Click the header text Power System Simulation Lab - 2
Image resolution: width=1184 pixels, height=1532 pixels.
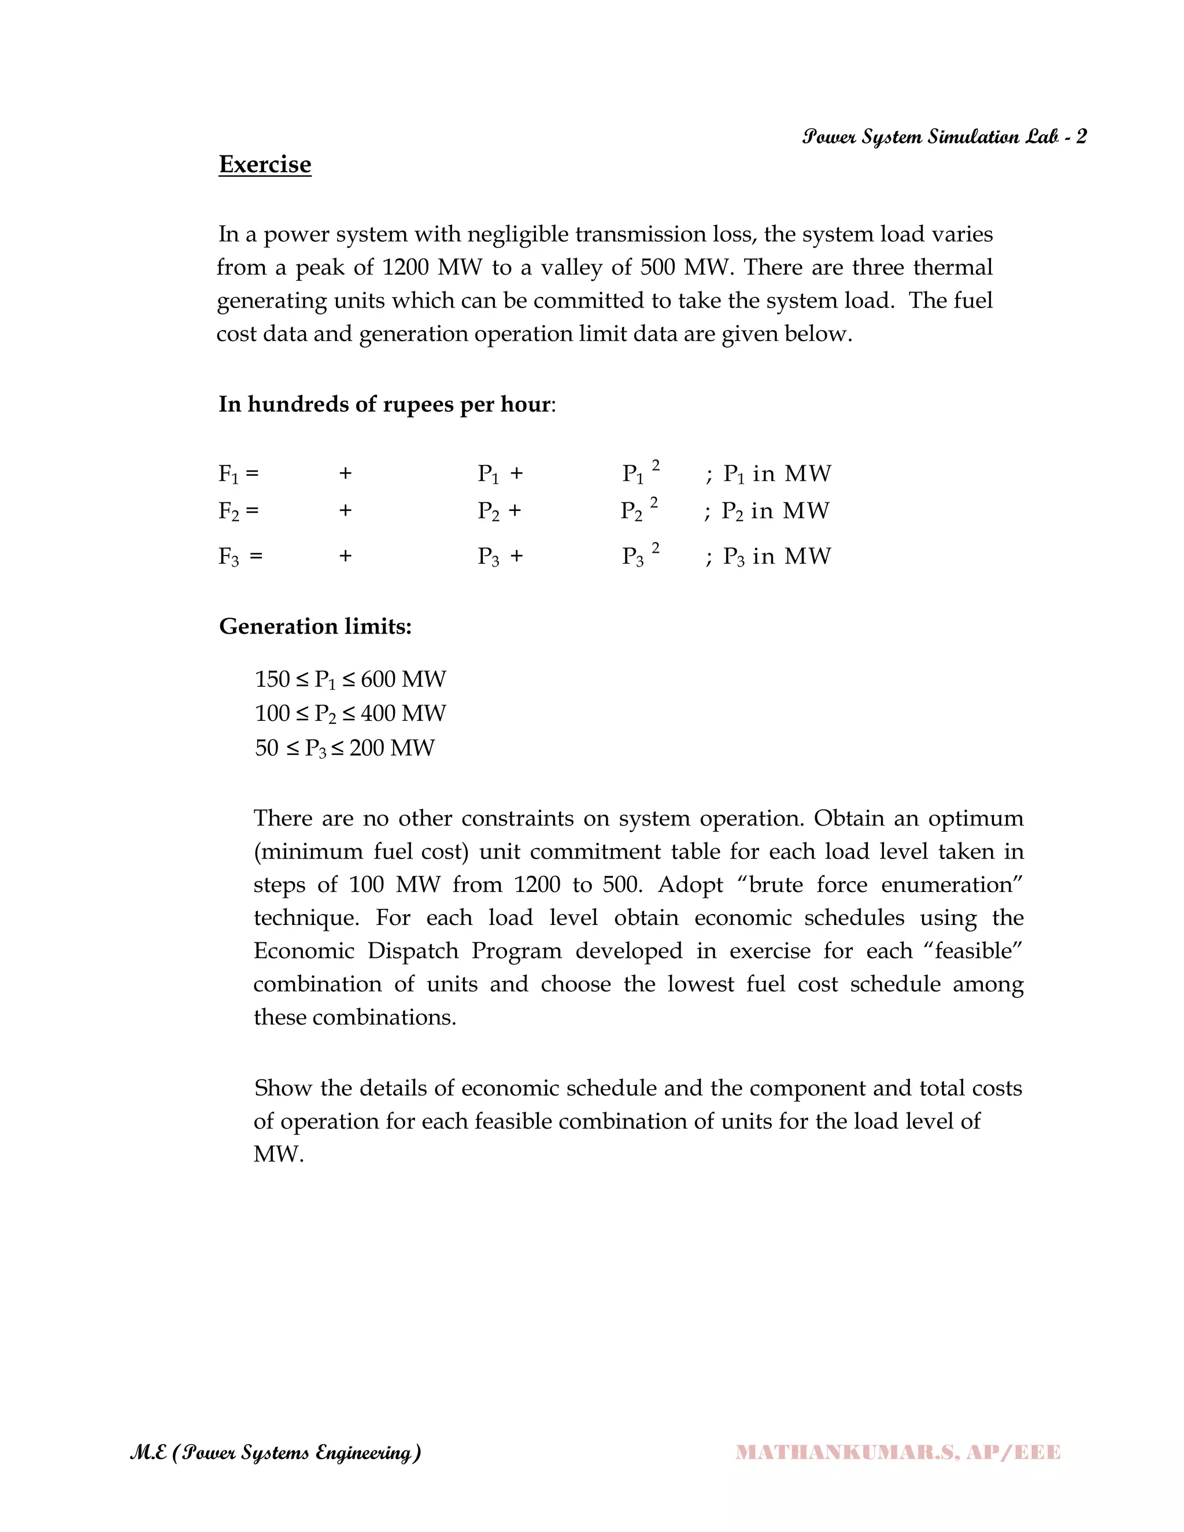point(944,137)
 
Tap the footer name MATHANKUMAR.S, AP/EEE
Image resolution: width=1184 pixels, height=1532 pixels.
point(898,1452)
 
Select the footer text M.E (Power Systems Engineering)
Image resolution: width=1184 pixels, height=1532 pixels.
point(276,1452)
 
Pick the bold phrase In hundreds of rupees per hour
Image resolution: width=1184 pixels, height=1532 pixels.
point(384,404)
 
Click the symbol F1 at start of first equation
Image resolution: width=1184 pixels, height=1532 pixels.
point(229,474)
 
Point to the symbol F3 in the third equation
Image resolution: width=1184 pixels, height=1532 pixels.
point(229,556)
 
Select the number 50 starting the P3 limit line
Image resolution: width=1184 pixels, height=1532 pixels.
point(267,748)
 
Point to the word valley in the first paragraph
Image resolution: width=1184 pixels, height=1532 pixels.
point(567,267)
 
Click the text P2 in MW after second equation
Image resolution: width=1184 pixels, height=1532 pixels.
point(775,510)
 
